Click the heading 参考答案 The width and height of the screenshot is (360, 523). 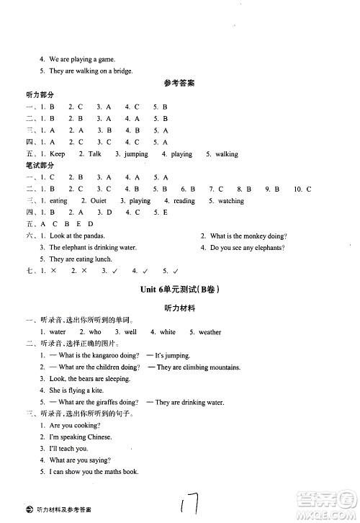tap(179, 84)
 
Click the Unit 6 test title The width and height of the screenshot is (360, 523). tap(179, 290)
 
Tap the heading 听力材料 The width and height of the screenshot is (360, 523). tap(179, 308)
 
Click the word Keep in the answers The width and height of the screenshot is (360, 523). tap(57, 154)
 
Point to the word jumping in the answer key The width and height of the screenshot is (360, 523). tap(136, 154)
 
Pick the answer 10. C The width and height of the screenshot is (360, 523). tap(302, 189)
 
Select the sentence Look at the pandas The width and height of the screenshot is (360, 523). tap(77, 236)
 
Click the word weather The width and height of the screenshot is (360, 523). tap(210, 332)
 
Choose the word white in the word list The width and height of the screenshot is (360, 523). tap(167, 332)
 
